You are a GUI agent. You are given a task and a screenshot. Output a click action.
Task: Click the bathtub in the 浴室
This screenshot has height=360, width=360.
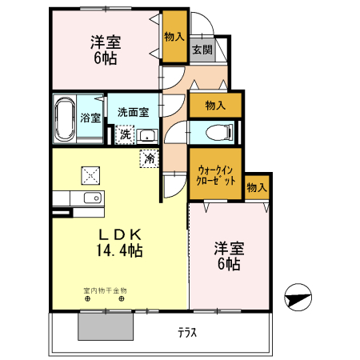65,119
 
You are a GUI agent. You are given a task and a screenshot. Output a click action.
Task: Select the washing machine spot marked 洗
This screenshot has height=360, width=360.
125,134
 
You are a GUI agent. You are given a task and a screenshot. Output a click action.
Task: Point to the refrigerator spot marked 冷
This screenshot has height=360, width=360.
150,158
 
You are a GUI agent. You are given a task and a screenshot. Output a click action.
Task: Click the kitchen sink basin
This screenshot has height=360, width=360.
93,198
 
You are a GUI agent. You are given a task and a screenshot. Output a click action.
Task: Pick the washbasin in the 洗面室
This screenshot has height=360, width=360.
147,136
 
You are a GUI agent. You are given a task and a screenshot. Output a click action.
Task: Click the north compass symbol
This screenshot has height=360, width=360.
298,297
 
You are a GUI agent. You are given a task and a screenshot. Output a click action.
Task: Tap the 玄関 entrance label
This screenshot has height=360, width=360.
202,50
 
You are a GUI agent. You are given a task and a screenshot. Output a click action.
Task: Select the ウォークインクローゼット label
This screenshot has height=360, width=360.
216,175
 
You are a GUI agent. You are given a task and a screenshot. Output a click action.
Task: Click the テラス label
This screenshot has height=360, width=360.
187,333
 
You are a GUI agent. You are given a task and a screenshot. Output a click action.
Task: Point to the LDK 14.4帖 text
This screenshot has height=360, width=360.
119,242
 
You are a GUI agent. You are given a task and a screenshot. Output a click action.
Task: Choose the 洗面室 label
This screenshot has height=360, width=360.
133,112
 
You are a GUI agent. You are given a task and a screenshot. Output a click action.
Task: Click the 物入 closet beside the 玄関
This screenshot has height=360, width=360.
174,36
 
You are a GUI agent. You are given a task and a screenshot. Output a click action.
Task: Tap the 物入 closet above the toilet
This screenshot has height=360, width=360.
215,105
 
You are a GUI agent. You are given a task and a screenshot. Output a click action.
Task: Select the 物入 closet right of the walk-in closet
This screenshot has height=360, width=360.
257,187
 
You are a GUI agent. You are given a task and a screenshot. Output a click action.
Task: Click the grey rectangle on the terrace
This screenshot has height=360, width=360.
106,326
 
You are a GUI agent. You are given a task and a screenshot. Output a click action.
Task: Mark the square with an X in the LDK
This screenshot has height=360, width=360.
90,175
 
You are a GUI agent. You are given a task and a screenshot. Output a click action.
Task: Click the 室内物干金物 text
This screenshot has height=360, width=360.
105,290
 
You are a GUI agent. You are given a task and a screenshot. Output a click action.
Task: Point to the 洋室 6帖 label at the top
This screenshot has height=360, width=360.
106,50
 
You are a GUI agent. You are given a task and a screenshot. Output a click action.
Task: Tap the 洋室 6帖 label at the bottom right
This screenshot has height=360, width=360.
229,256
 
